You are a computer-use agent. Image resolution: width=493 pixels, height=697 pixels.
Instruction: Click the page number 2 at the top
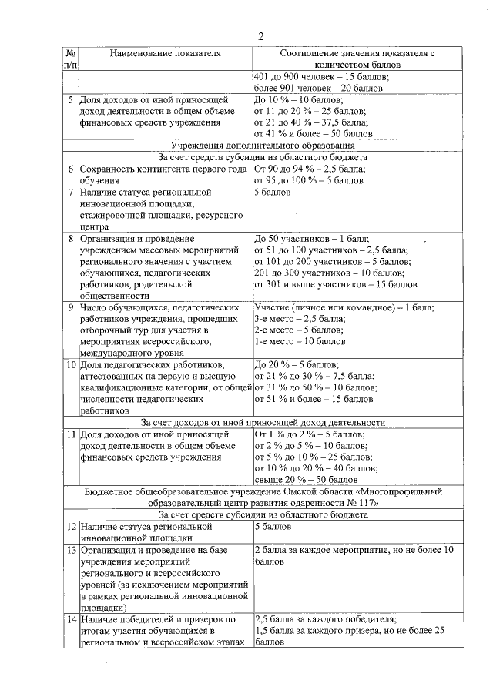coord(261,36)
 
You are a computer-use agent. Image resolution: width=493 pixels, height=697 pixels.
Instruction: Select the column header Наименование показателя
coord(165,53)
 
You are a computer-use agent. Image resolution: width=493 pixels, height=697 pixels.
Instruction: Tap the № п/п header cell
coord(70,59)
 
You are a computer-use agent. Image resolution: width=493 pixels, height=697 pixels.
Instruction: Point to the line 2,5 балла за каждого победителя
coord(324,618)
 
